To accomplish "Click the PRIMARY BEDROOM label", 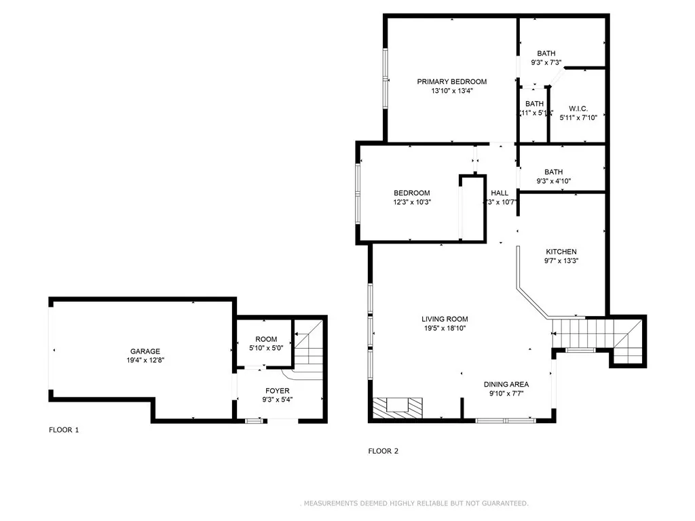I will pyautogui.click(x=451, y=81).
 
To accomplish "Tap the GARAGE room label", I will pyautogui.click(x=145, y=351).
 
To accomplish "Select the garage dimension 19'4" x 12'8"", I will pyautogui.click(x=145, y=360).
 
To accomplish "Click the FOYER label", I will pyautogui.click(x=278, y=391).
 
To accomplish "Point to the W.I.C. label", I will pyautogui.click(x=578, y=108).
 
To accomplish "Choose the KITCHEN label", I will pyautogui.click(x=561, y=252).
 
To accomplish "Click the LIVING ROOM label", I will pyautogui.click(x=445, y=319).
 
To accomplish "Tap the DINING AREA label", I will pyautogui.click(x=506, y=384).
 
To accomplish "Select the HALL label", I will pyautogui.click(x=500, y=193).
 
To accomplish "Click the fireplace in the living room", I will pyautogui.click(x=398, y=408).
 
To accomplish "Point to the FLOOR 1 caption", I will pyautogui.click(x=64, y=429).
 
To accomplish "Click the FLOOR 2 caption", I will pyautogui.click(x=383, y=450).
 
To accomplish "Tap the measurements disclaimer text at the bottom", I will pyautogui.click(x=414, y=503).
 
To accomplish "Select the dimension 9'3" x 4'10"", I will pyautogui.click(x=553, y=181).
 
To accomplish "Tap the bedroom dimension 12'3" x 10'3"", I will pyautogui.click(x=412, y=201).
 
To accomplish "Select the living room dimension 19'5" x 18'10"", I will pyautogui.click(x=444, y=328).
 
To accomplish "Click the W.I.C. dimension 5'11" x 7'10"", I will pyautogui.click(x=578, y=117).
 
